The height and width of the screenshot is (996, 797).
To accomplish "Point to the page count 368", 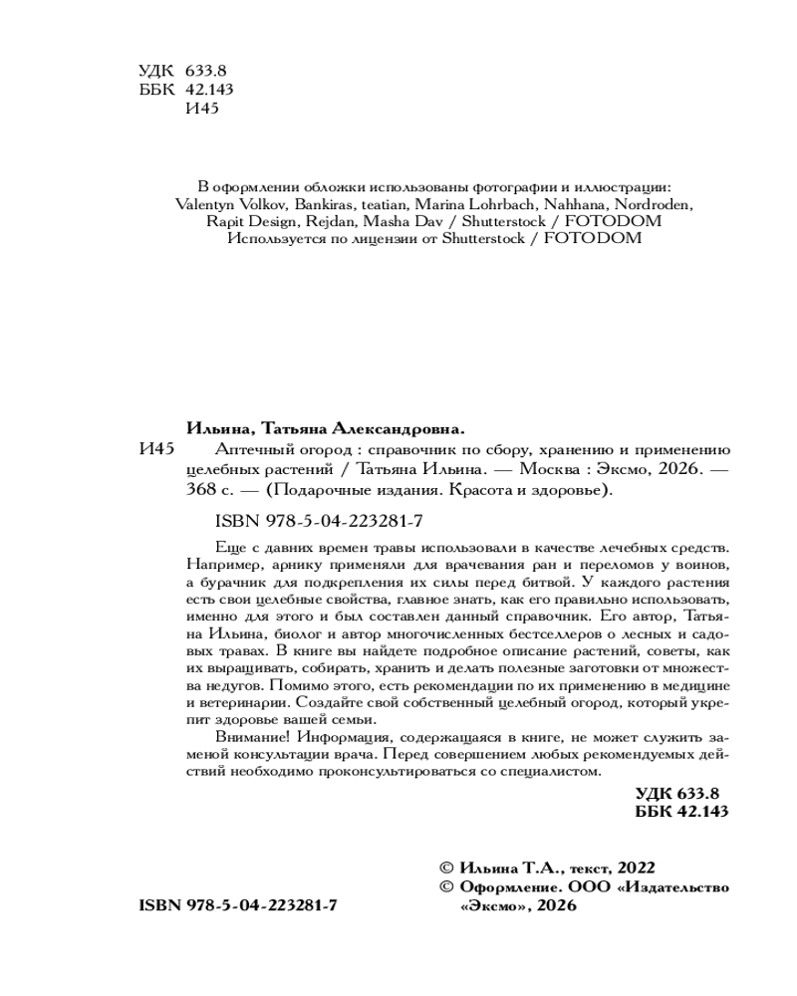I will [x=200, y=491].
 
